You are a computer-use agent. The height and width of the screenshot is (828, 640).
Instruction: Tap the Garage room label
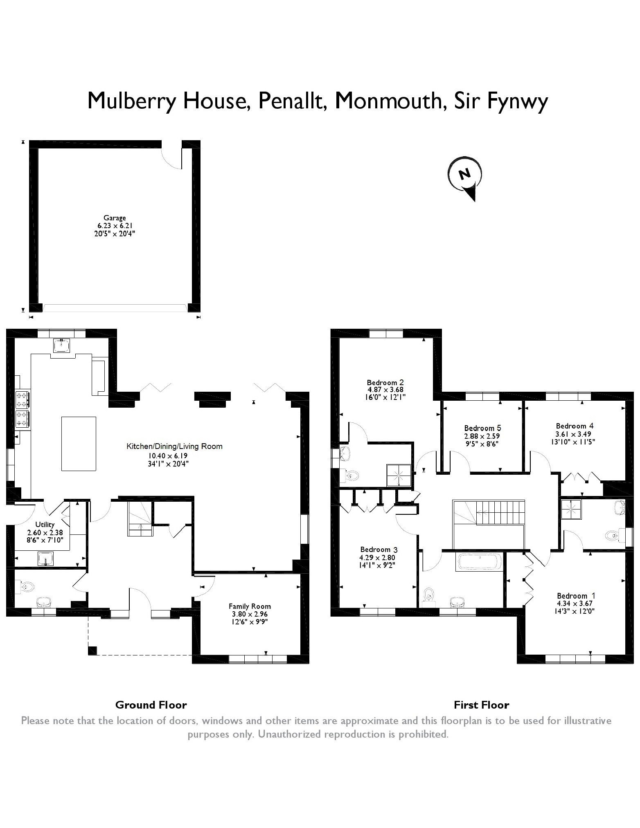click(115, 218)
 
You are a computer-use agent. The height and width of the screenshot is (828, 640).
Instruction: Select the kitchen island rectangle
click(79, 444)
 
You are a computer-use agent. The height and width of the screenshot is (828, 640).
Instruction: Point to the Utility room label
click(45, 525)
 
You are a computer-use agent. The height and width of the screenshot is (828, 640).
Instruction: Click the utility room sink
click(45, 558)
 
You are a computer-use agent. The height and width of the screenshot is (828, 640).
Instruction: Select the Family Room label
click(250, 606)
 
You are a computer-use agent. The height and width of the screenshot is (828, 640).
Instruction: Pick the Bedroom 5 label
click(482, 428)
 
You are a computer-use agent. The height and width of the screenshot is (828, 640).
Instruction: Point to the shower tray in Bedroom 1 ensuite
click(571, 509)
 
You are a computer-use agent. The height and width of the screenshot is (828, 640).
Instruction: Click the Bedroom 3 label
click(379, 550)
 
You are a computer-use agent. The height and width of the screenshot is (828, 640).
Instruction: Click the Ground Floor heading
click(151, 705)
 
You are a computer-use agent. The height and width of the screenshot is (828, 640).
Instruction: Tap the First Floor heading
click(481, 705)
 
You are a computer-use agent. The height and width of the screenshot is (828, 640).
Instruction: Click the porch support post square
click(93, 650)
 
